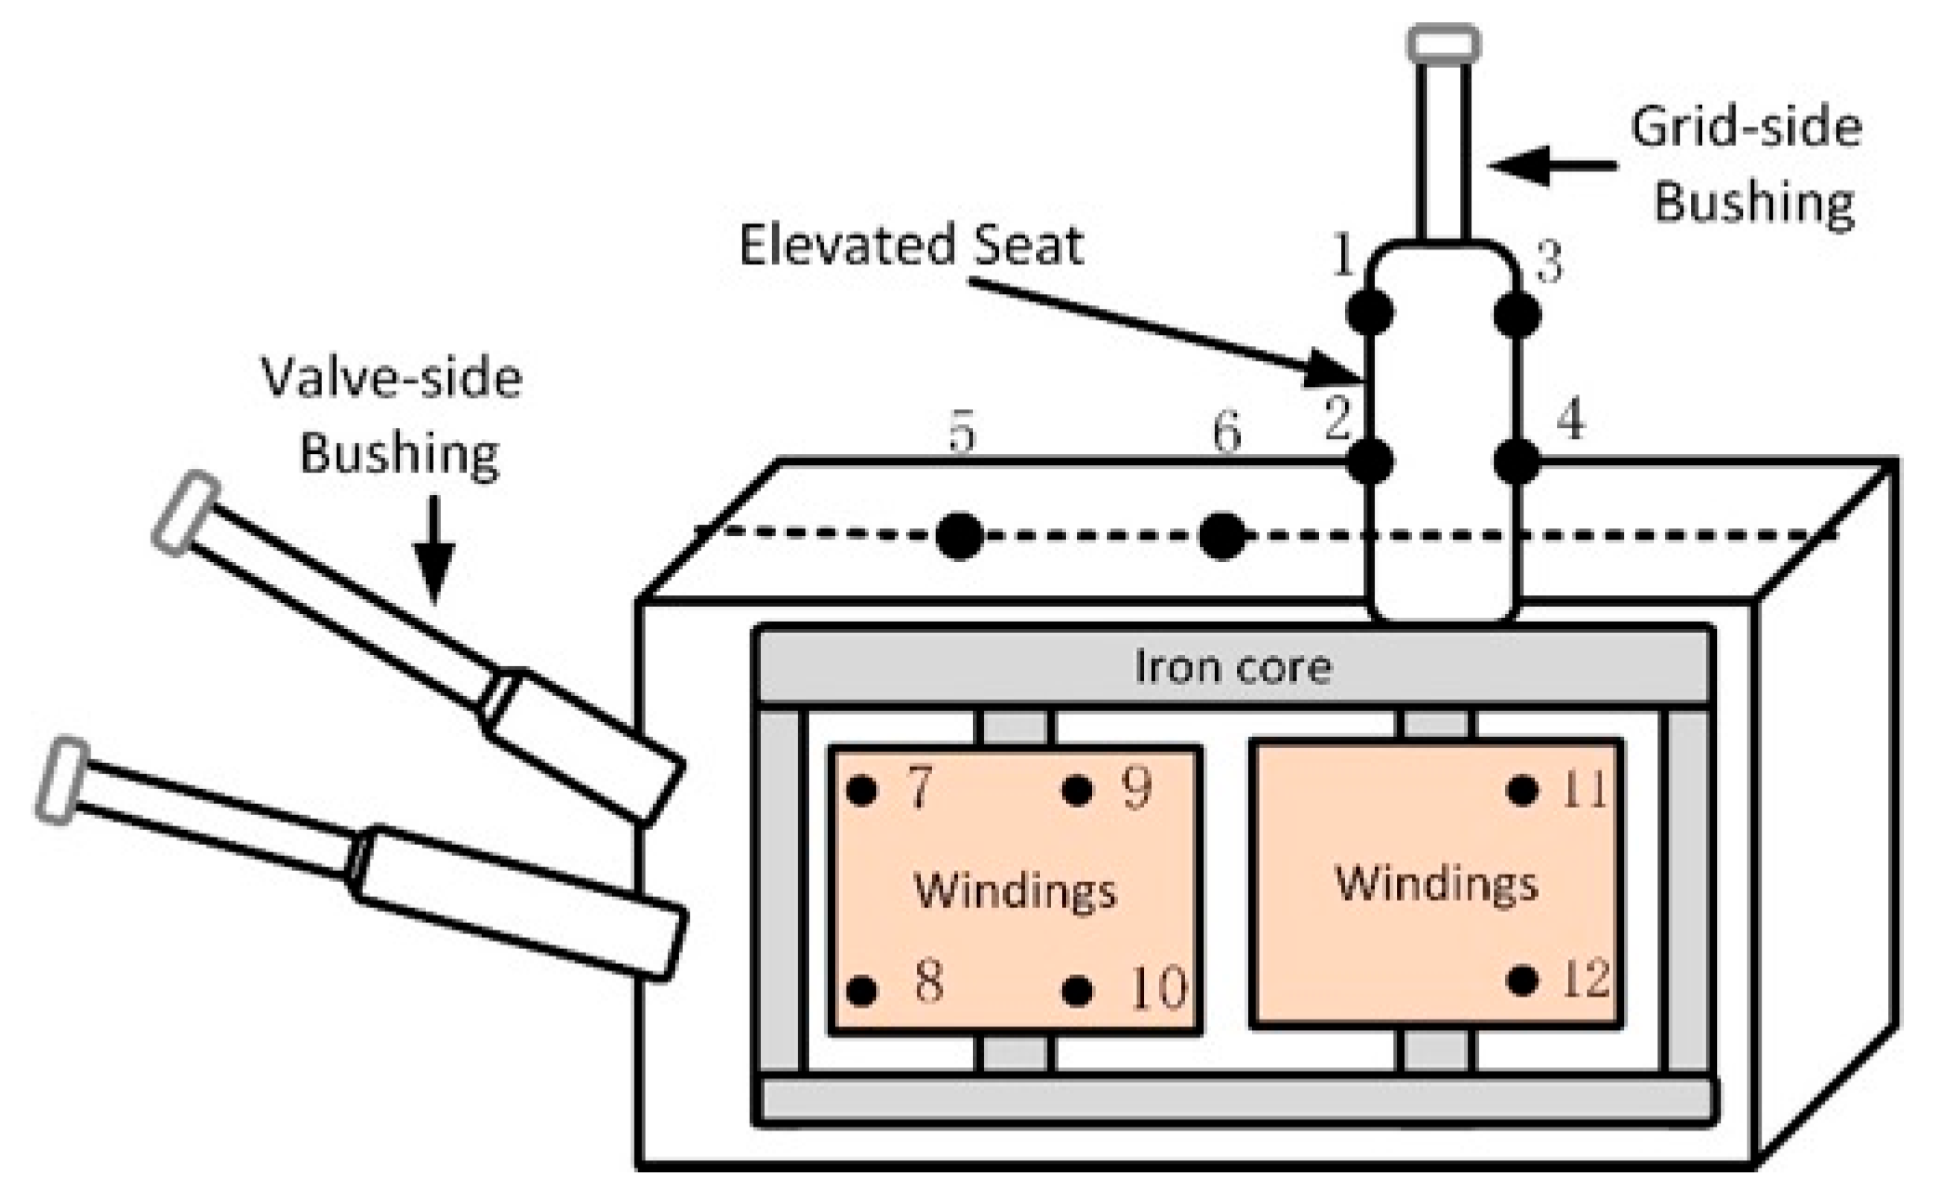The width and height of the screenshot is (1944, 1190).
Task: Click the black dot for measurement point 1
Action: point(1370,313)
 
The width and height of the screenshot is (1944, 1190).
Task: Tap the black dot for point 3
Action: point(1517,314)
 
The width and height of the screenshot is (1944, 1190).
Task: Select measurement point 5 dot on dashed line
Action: point(959,537)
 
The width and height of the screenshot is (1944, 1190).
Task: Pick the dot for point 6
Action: point(1221,536)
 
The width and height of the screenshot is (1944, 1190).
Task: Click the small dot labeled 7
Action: point(862,791)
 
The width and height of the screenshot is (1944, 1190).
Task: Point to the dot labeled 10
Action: point(1076,990)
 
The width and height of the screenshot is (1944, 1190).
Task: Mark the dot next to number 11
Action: point(1522,791)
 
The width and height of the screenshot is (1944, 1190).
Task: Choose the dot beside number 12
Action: point(1522,981)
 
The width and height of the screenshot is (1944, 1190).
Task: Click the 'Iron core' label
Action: point(1232,667)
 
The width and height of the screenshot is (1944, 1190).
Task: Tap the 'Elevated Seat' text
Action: point(912,246)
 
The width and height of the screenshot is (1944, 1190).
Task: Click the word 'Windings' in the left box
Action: point(1015,890)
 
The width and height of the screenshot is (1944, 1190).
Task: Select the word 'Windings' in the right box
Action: point(1436,883)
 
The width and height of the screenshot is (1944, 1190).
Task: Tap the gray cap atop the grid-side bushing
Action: point(1443,44)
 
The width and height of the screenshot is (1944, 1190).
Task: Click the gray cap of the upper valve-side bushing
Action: point(186,513)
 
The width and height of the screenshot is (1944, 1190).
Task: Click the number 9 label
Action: point(1137,788)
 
